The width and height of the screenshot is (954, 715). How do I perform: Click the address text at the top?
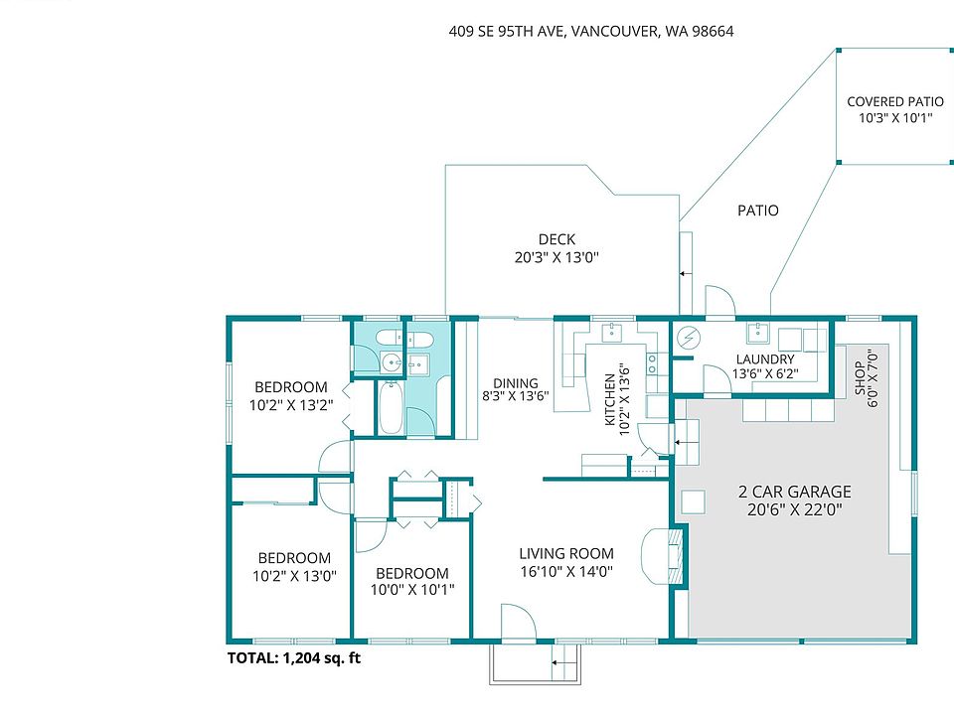(590, 31)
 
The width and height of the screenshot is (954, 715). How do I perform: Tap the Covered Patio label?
(895, 109)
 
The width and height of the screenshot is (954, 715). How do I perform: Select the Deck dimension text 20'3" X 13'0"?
(556, 257)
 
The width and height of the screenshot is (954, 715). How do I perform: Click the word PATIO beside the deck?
(758, 211)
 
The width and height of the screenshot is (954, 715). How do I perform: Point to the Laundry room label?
(765, 366)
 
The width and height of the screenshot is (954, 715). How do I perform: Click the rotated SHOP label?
(866, 377)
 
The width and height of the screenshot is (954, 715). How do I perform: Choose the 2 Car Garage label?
(795, 500)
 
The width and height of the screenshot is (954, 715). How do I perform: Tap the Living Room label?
(566, 562)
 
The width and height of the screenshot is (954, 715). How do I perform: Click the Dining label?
(516, 389)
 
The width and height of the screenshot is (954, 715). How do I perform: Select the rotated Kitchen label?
(617, 399)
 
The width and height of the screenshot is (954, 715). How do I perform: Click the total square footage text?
(294, 657)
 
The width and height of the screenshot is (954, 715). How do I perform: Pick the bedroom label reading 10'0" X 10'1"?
(411, 581)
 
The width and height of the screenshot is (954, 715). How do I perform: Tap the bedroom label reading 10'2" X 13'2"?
(291, 396)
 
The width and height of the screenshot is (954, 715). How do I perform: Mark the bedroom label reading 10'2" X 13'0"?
(294, 567)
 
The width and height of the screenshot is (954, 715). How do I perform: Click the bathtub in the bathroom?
(390, 407)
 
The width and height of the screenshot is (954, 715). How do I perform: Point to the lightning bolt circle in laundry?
(690, 338)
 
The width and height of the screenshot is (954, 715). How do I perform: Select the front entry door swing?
(518, 622)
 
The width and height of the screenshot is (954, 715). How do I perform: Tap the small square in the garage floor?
(693, 502)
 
